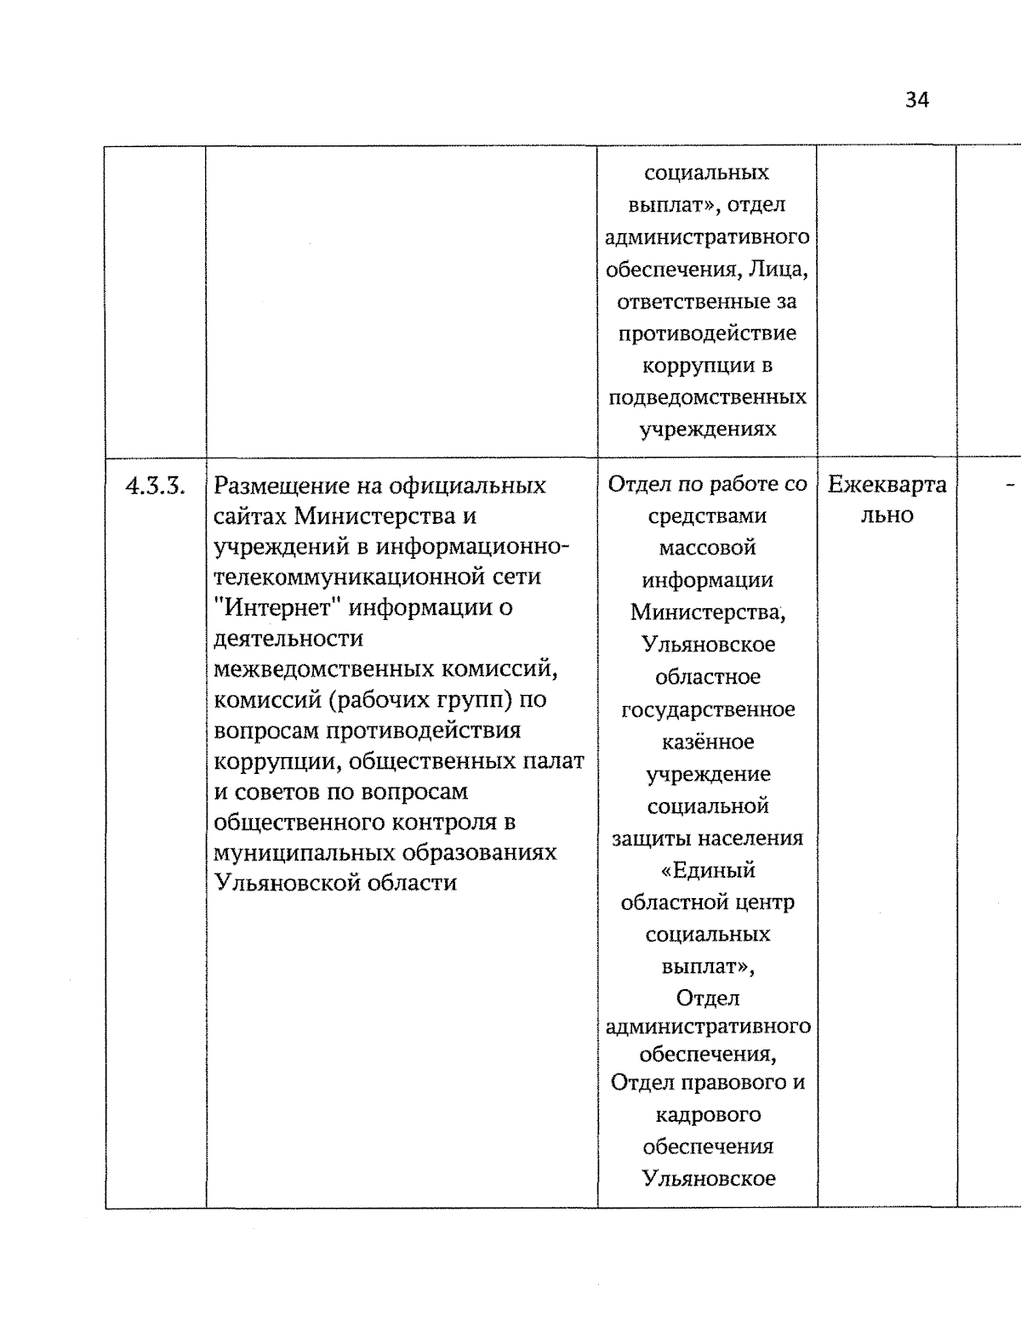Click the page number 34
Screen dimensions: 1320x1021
click(917, 100)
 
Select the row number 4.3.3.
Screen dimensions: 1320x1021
click(155, 486)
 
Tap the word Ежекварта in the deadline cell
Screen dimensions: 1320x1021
click(887, 486)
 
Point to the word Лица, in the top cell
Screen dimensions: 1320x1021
click(778, 270)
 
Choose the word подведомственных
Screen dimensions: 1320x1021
click(707, 397)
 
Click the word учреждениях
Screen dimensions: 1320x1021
click(707, 429)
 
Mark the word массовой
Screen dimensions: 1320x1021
click(707, 548)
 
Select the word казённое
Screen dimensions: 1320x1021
click(707, 742)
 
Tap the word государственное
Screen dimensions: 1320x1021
click(707, 709)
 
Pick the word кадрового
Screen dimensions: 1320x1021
click(707, 1114)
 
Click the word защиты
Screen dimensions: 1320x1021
click(652, 839)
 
